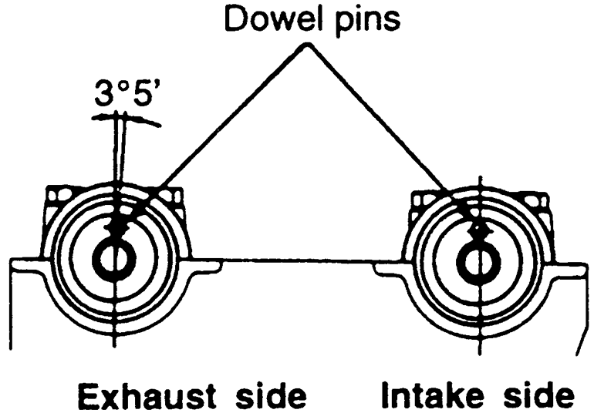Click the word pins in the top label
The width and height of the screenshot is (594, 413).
coord(362,20)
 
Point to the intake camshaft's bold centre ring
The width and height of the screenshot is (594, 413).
coord(478,260)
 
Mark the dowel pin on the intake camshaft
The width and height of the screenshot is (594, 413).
coord(479,227)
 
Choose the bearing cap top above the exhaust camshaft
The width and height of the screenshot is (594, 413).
coord(112,188)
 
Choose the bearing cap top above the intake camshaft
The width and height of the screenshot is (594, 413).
coord(478,190)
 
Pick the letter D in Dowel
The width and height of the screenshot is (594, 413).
coord(233,18)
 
